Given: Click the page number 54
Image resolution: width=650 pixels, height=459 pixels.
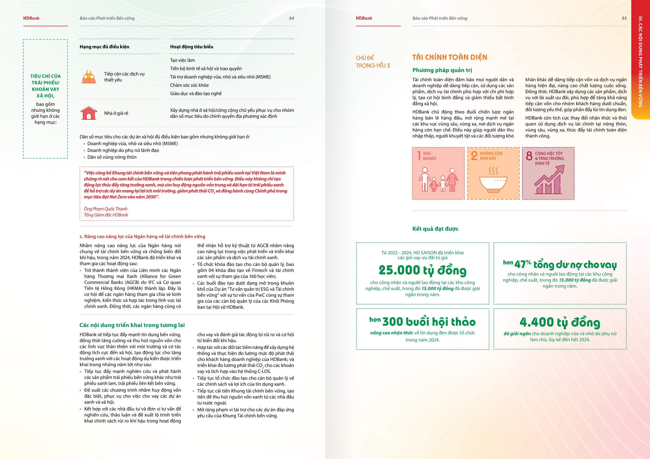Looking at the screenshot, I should (291, 18).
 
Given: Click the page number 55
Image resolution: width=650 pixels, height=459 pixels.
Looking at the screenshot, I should (624, 18).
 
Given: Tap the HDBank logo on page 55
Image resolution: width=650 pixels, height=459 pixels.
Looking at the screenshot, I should (364, 18).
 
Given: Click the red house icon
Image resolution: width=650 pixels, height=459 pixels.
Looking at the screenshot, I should (89, 113).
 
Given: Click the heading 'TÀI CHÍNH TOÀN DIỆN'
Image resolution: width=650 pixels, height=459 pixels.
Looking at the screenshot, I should (450, 58).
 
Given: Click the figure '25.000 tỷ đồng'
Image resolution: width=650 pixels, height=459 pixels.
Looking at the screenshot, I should (422, 270).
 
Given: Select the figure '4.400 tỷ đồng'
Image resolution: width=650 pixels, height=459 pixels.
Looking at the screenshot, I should (560, 322).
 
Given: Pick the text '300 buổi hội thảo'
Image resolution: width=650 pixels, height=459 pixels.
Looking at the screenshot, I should (429, 322).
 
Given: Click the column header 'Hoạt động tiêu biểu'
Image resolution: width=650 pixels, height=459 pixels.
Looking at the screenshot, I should (191, 47).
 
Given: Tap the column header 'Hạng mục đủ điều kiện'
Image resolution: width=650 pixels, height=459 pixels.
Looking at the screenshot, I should (104, 47).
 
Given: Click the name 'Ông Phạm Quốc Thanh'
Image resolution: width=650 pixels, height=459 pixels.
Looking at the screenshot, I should (105, 209).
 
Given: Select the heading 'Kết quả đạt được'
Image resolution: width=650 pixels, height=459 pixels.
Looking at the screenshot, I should (435, 229).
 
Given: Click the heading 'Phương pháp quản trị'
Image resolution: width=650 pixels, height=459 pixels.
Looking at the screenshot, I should (442, 70).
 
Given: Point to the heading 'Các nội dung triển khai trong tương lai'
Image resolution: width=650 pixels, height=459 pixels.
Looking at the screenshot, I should (132, 325).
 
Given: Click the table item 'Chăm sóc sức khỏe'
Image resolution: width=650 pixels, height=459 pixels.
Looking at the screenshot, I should (189, 85).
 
